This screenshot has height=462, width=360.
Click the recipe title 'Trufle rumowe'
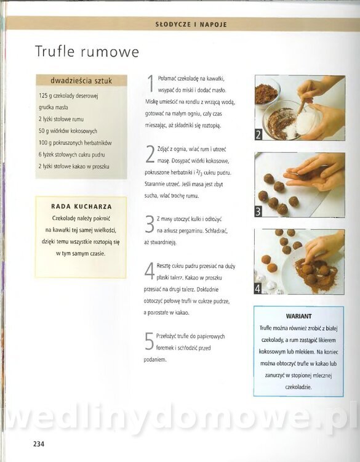point(87,52)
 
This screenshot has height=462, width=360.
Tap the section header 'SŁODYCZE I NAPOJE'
point(191,25)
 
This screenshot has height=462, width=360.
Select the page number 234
point(39,444)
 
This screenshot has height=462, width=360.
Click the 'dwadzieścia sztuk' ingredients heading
point(81,81)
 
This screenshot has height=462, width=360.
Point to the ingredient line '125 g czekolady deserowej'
point(68,95)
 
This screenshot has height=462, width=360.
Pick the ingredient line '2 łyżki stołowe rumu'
point(61,119)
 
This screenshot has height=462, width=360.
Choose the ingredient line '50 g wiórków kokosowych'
point(68,131)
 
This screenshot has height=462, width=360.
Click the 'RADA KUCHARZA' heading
point(81,206)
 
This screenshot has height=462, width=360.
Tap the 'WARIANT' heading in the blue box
point(299,316)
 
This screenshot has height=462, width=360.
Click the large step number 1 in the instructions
point(151,84)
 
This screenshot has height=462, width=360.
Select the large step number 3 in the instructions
point(150,224)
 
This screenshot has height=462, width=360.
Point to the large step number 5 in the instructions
point(150,341)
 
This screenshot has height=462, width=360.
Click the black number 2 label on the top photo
point(258,135)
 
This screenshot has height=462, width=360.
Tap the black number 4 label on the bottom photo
point(258,289)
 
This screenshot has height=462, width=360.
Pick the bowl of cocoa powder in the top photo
point(266,93)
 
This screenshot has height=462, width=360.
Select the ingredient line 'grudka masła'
point(54,108)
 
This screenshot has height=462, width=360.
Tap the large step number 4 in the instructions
point(150,271)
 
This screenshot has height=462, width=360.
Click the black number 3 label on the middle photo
point(258,211)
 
